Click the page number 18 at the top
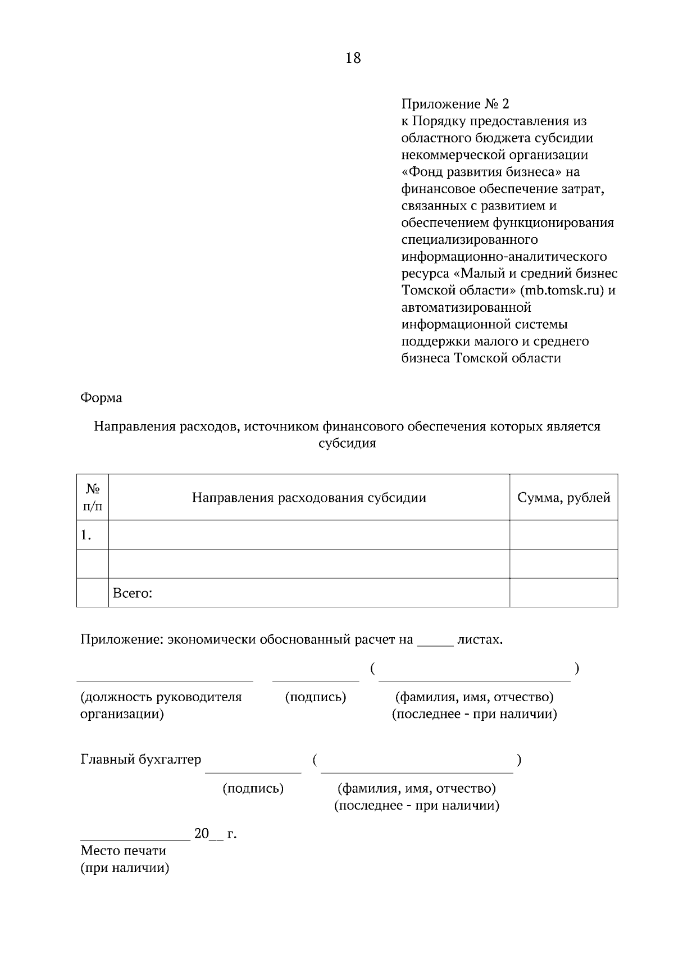pos(353,58)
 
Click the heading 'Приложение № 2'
pos(455,104)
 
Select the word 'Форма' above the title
pos(101,398)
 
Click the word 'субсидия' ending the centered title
pos(347,443)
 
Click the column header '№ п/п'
pos(93,497)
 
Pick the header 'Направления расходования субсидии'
pos(309,498)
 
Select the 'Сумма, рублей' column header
pos(563,498)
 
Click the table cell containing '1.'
pos(93,535)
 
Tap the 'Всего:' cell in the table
pos(133,593)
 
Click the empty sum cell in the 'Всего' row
pos(563,593)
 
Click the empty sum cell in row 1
pos(563,535)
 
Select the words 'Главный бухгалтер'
pos(140,760)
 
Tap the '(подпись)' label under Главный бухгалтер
pos(253,788)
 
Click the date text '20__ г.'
pos(215,834)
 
